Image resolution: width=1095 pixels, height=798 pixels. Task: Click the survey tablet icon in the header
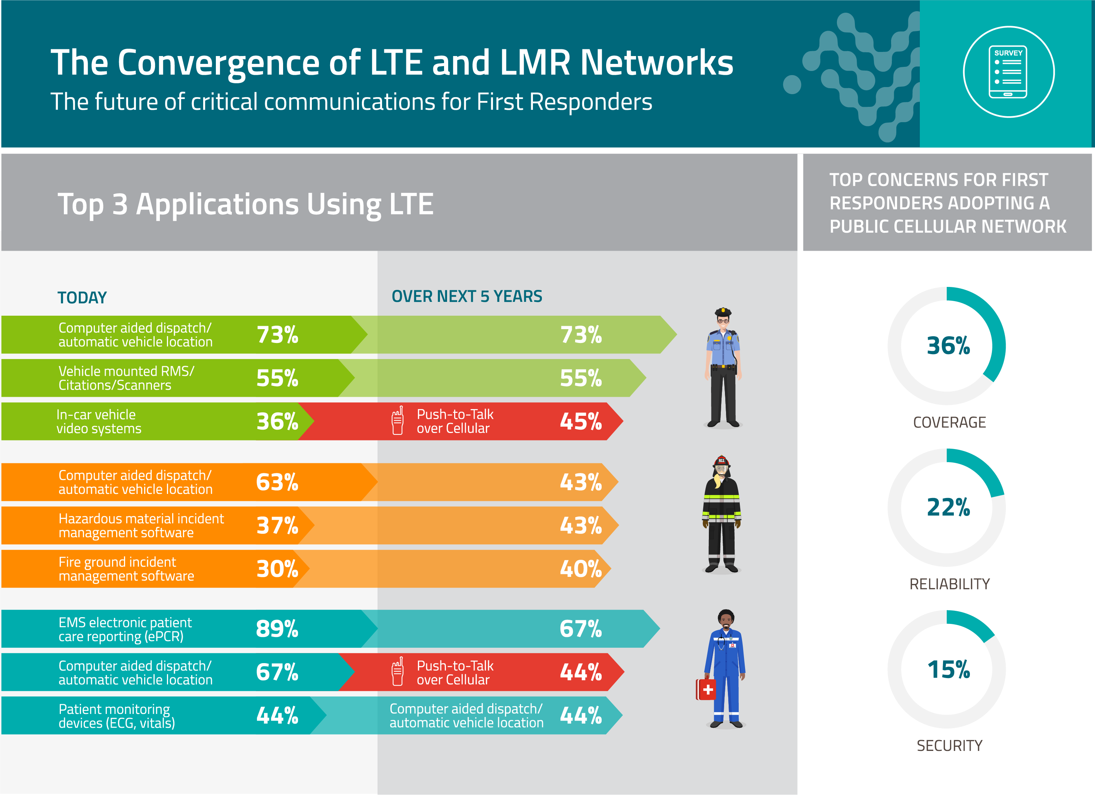(x=1008, y=72)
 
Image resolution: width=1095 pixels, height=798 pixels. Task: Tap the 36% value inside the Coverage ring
(x=948, y=346)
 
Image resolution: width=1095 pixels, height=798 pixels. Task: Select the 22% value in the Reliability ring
(x=948, y=507)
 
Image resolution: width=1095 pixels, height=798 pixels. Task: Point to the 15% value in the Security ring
(x=948, y=669)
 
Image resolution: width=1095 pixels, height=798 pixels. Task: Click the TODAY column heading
(x=82, y=297)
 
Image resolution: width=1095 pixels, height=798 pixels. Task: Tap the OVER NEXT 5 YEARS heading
(x=466, y=296)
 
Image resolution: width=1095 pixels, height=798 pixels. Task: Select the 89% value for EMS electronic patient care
(x=277, y=629)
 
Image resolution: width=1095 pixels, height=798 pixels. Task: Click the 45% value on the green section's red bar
(x=580, y=421)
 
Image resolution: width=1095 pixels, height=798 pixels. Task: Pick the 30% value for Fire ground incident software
(x=277, y=569)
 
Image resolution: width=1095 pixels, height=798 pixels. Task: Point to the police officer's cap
(x=723, y=312)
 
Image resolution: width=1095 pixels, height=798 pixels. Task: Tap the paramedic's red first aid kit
(x=705, y=689)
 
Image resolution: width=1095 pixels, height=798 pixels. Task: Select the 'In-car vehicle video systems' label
(x=99, y=421)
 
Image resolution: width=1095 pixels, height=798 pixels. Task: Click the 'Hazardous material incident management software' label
(x=141, y=526)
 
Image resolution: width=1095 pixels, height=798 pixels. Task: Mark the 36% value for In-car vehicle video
(x=277, y=421)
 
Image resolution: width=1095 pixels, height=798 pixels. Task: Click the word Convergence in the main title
(x=239, y=63)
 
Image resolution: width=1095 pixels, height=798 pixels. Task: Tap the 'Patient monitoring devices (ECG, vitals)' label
(x=117, y=716)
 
